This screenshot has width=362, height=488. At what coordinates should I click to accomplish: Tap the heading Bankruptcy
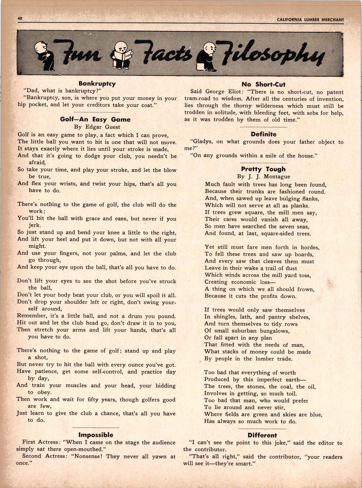tap(97, 83)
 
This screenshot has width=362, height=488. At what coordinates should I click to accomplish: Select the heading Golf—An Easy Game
tap(95, 120)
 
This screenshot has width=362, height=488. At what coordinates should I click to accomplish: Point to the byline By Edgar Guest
tap(97, 127)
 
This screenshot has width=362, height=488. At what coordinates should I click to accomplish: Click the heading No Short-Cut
tap(263, 84)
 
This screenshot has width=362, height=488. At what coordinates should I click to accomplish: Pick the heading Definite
tap(263, 134)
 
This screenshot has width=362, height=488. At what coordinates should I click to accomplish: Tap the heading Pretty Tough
tap(263, 169)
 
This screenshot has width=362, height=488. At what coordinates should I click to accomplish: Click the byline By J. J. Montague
tap(263, 177)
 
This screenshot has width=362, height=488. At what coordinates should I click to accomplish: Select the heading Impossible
tap(96, 435)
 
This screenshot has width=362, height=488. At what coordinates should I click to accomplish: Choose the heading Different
tap(262, 435)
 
